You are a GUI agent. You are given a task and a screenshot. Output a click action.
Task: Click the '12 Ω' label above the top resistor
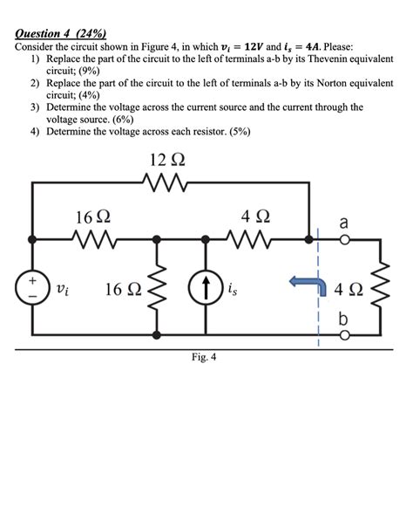(x=166, y=160)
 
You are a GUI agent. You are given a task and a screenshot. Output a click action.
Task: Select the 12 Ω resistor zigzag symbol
(x=166, y=182)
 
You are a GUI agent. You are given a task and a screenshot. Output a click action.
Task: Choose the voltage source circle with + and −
(x=33, y=287)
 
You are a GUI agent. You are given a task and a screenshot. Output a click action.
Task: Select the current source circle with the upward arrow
(x=206, y=287)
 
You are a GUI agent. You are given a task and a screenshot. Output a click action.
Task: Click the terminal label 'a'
(x=344, y=223)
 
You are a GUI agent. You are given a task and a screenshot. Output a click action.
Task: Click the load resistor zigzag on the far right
(x=379, y=287)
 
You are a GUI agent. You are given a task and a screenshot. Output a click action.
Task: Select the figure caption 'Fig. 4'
(x=206, y=356)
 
